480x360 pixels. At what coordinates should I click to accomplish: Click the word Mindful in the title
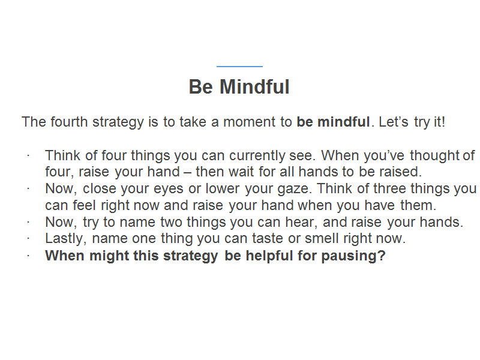254,86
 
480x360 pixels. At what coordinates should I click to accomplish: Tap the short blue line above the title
239,66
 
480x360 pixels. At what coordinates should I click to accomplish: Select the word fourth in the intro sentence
69,122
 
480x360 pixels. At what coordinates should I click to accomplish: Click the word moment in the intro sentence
250,122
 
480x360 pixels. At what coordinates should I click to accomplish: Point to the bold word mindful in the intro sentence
344,122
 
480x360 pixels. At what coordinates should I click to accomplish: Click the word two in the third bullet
171,222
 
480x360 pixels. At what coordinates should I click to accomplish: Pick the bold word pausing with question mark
353,256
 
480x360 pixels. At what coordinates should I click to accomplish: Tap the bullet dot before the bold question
28,256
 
